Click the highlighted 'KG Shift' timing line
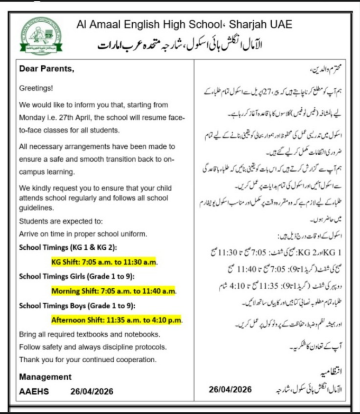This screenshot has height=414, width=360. [105, 261]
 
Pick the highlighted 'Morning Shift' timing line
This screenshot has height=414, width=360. [114, 290]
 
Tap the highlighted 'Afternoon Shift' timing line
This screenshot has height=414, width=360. [116, 319]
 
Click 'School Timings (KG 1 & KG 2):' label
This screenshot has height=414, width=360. [68, 247]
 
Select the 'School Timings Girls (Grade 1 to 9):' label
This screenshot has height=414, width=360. [77, 276]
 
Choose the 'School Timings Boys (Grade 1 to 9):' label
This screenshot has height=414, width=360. [76, 305]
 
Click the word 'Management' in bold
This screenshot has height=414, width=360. [45, 377]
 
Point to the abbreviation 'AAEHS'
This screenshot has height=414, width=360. [33, 391]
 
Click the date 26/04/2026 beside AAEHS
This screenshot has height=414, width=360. [91, 391]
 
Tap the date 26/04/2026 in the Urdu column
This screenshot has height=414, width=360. [230, 389]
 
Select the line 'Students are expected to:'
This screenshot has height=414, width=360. [61, 221]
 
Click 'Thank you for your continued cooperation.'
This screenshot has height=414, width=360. [87, 360]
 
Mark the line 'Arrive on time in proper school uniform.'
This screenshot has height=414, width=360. [82, 233]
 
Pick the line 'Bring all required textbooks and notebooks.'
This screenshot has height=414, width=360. [89, 334]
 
